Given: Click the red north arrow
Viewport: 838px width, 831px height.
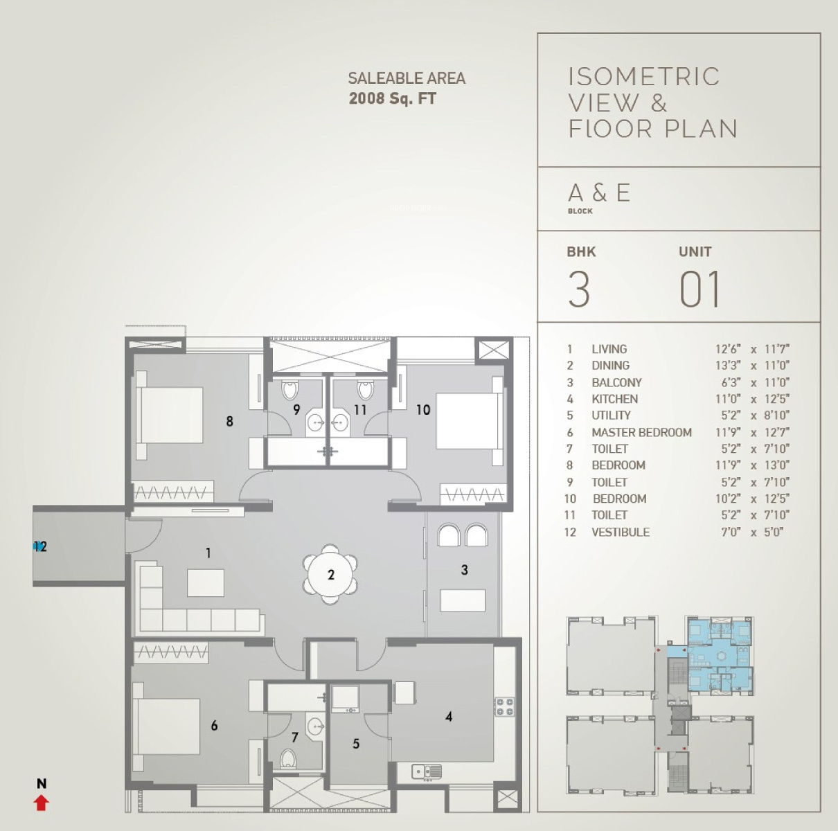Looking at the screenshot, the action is [x=42, y=803].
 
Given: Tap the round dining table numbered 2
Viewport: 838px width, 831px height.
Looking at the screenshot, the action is [x=330, y=575].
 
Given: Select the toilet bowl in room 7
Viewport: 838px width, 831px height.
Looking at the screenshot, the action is [x=287, y=759].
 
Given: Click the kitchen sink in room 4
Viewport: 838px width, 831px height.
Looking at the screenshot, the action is [x=427, y=771].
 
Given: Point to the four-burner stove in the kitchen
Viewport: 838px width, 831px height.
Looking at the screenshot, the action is [x=504, y=706].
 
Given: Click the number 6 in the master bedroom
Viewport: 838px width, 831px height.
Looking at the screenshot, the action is [x=214, y=725].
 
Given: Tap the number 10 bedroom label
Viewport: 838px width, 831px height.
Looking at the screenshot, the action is [x=423, y=409].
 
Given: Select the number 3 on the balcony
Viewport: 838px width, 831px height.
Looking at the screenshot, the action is [x=465, y=570].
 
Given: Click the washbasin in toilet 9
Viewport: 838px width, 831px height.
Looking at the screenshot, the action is [x=315, y=422].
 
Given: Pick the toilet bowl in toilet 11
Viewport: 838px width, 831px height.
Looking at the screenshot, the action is [x=366, y=390].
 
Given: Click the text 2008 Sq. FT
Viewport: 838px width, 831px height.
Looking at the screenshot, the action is [x=392, y=99].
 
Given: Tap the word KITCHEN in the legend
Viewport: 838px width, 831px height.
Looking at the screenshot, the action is [x=614, y=399].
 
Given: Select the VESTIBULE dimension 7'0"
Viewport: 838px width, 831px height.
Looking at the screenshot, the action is [x=731, y=532].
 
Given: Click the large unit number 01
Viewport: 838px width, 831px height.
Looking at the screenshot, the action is [x=699, y=289].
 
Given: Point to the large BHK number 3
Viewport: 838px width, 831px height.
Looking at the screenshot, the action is [x=579, y=289].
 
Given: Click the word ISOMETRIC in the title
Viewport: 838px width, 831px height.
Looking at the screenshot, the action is [x=643, y=77].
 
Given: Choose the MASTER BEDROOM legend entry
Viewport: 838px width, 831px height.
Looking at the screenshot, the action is [x=641, y=432].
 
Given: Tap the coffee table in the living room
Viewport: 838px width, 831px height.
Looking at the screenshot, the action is [x=206, y=582].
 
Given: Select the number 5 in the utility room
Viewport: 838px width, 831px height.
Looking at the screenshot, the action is [x=356, y=744].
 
